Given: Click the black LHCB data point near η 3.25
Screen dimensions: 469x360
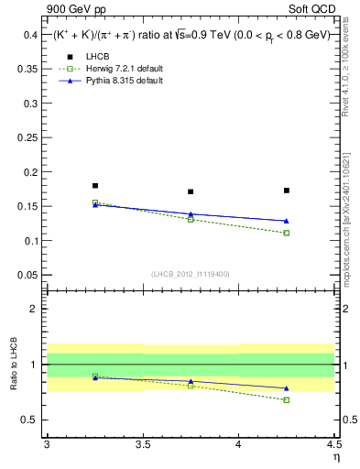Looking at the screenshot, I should pyautogui.click(x=95, y=186).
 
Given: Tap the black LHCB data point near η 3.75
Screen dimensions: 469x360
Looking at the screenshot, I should pyautogui.click(x=191, y=191).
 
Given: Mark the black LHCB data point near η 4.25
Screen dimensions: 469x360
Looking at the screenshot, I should pyautogui.click(x=287, y=191).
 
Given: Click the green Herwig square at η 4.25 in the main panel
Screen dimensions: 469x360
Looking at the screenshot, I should pyautogui.click(x=287, y=233).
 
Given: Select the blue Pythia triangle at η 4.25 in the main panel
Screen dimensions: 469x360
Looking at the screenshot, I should pyautogui.click(x=287, y=221).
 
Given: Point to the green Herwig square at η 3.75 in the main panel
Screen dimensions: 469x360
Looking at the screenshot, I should pyautogui.click(x=191, y=220).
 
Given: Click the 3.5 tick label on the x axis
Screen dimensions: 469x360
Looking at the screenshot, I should pyautogui.click(x=143, y=445).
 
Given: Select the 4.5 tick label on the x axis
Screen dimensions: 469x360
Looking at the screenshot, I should pyautogui.click(x=333, y=445).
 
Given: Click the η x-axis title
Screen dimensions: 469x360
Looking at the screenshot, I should pyautogui.click(x=335, y=457).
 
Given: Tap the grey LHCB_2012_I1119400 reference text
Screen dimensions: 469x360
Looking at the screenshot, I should pyautogui.click(x=190, y=274).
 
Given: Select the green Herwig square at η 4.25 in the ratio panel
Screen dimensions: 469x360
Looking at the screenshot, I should pyautogui.click(x=287, y=399).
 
